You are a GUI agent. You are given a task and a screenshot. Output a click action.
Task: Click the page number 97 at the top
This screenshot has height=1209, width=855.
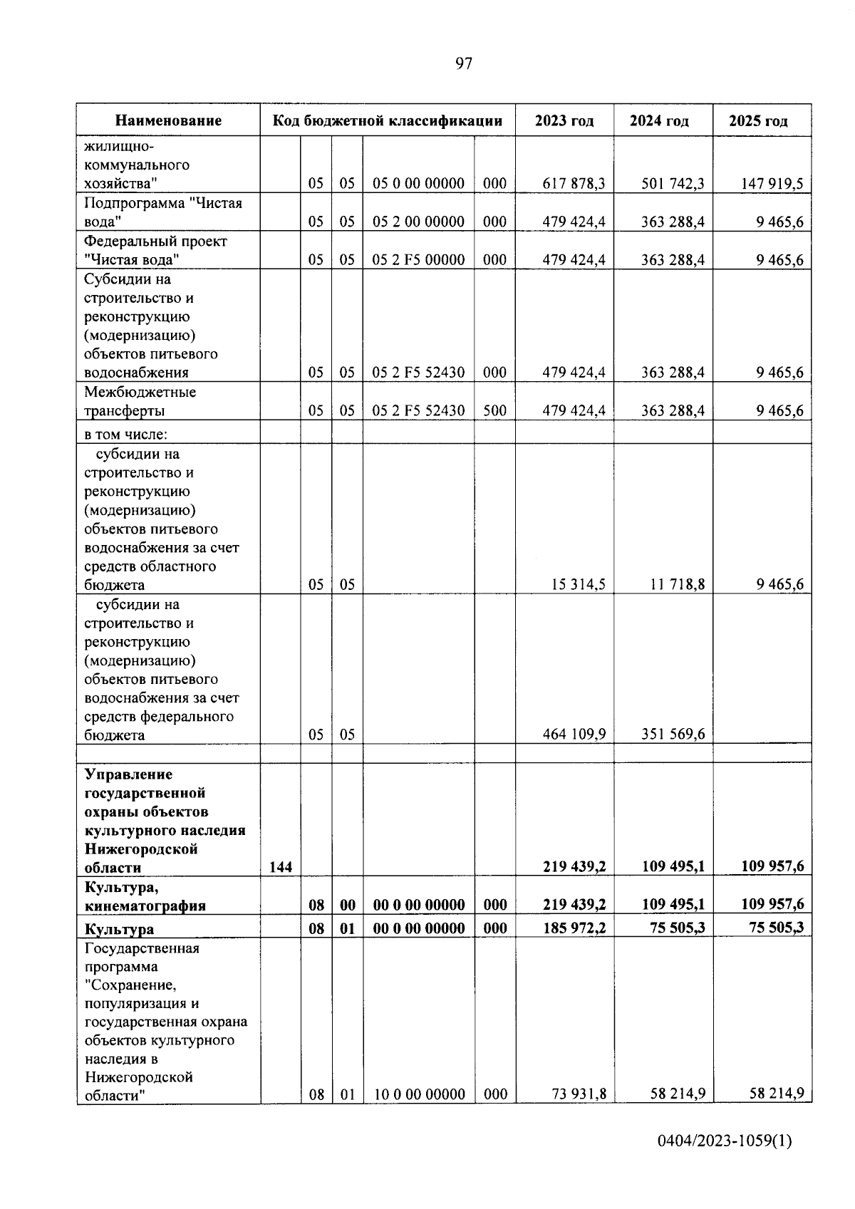coord(463,64)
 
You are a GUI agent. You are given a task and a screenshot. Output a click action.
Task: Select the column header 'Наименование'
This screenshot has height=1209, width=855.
coord(168,120)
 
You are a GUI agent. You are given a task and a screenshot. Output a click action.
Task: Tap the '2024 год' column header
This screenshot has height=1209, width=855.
coord(659,120)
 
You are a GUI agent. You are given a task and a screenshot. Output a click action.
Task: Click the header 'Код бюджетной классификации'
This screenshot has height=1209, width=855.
coord(388,120)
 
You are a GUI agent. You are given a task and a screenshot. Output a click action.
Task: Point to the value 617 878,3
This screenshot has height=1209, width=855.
coord(574,184)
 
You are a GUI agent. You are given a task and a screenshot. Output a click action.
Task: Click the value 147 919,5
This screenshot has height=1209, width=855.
coord(770,184)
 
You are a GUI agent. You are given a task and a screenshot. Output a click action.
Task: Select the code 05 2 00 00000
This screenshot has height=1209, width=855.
coord(419,222)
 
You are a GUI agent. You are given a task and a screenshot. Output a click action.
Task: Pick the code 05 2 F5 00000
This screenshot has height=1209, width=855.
coord(419,260)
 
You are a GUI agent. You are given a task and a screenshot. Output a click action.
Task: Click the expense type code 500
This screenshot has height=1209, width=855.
coord(494,410)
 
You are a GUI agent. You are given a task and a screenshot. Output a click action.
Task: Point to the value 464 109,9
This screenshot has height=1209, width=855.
coord(574,735)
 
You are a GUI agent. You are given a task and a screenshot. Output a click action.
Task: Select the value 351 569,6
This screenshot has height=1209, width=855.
coord(673,735)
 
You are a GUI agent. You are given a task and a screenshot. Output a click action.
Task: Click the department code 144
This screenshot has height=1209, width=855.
coord(281,867)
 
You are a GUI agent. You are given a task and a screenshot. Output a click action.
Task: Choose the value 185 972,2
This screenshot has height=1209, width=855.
coord(574,928)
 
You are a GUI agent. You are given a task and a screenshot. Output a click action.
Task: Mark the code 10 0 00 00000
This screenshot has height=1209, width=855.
coord(419,1094)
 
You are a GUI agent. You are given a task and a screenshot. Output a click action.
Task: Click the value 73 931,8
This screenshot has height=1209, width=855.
coord(579,1094)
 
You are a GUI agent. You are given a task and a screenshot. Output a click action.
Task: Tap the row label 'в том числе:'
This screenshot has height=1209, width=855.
coord(125,434)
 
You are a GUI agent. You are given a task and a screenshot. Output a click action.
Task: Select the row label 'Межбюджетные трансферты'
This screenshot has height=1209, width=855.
coord(140,401)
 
